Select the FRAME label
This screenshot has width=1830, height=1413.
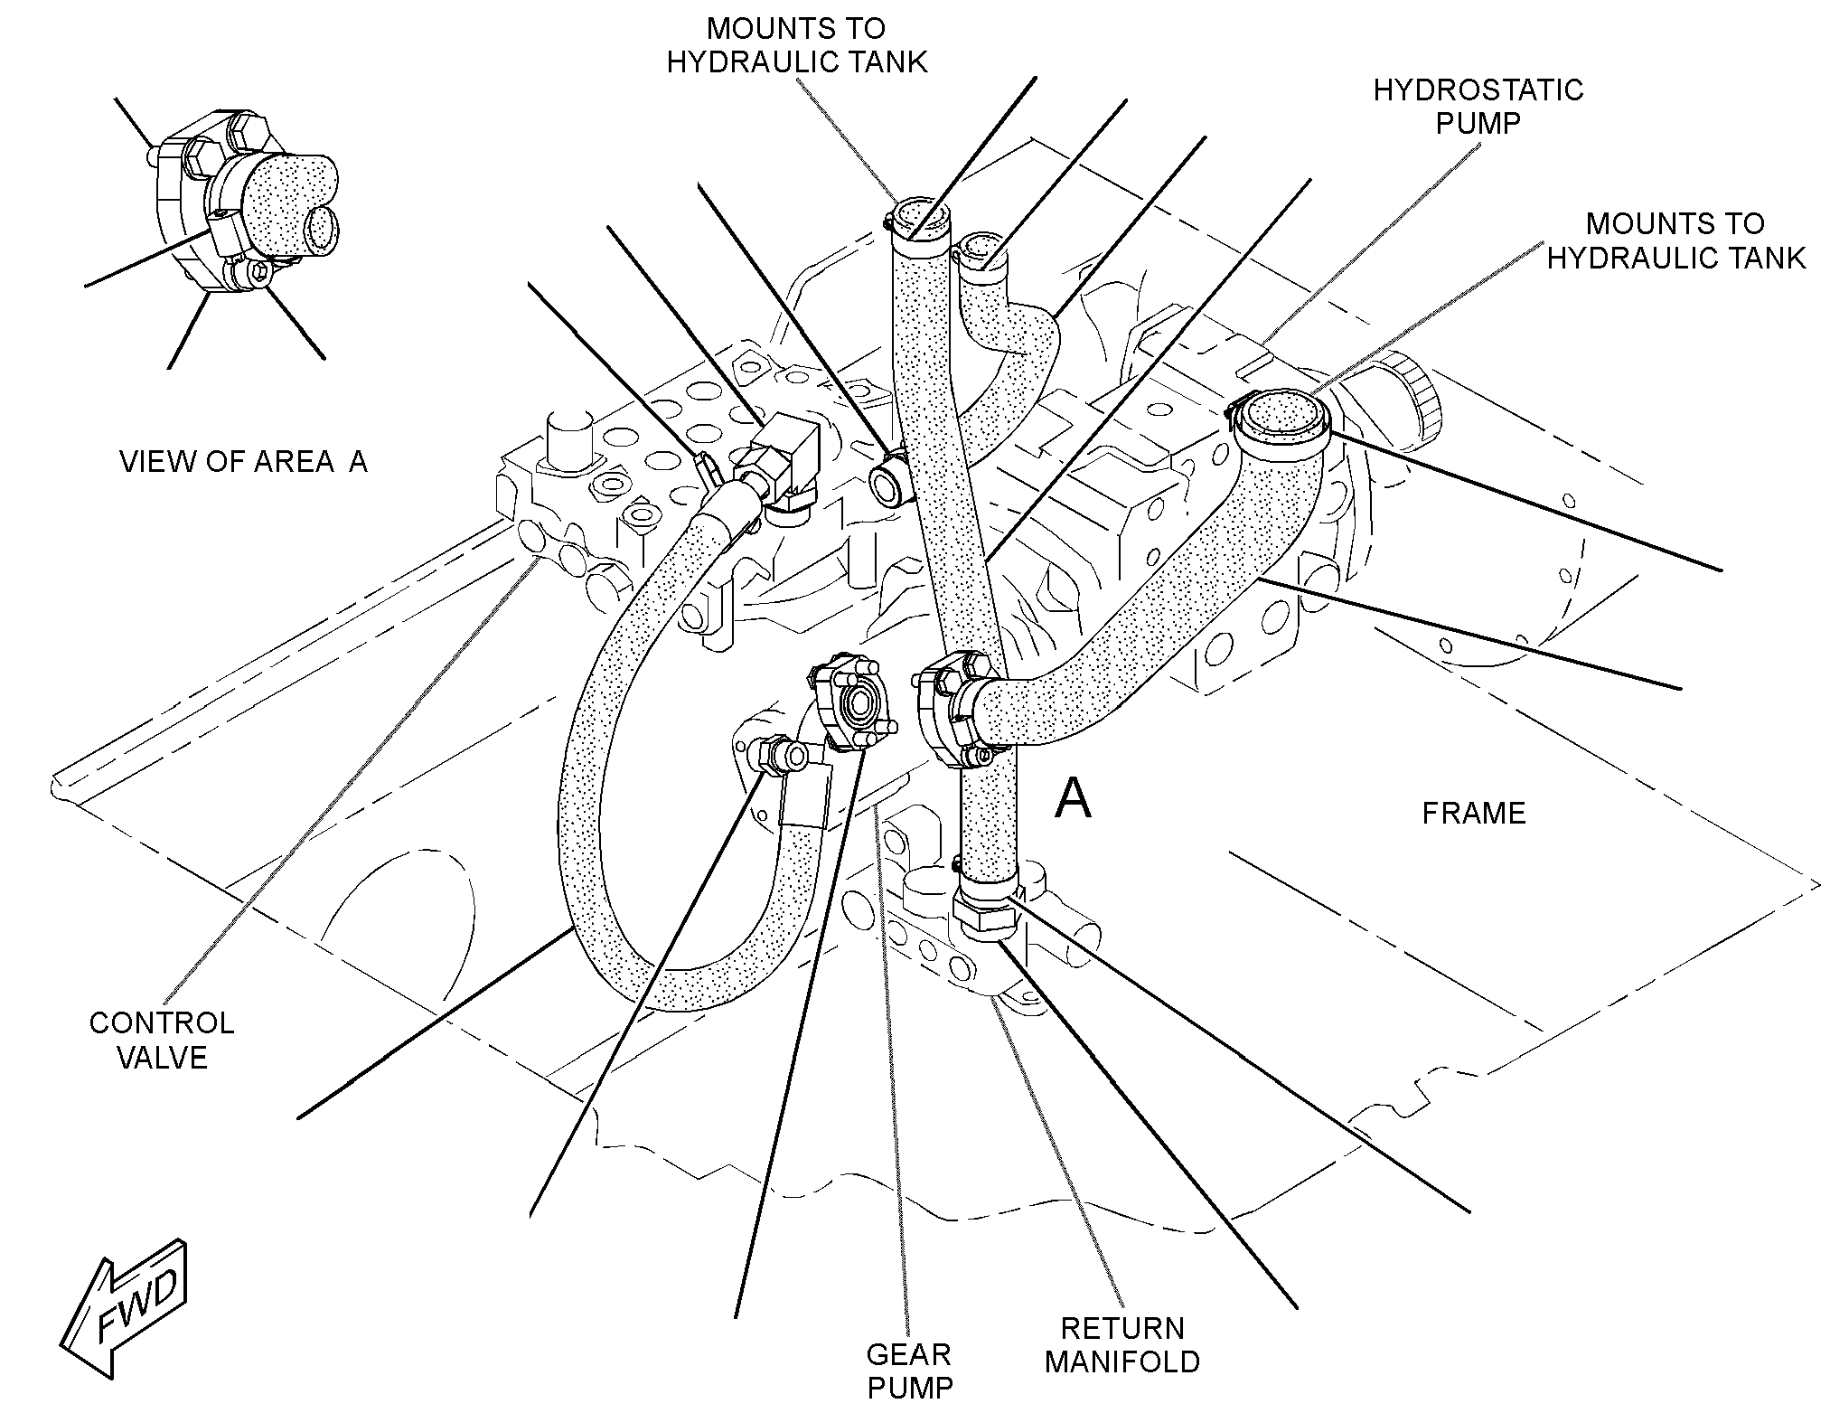click(x=1474, y=813)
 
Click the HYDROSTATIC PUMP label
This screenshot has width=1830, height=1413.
click(x=1478, y=106)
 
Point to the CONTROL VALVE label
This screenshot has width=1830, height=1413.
click(x=162, y=1040)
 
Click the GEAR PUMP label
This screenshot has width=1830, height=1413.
click(x=909, y=1370)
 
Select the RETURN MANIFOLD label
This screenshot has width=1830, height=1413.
click(x=1122, y=1344)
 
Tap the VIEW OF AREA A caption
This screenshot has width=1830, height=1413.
click(x=244, y=461)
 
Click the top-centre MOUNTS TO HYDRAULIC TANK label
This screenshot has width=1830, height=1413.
click(x=796, y=45)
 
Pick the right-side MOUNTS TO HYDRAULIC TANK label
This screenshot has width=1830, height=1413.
click(x=1676, y=240)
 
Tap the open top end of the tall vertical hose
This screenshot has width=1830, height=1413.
click(x=916, y=221)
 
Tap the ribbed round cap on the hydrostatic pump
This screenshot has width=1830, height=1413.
click(x=1411, y=397)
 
